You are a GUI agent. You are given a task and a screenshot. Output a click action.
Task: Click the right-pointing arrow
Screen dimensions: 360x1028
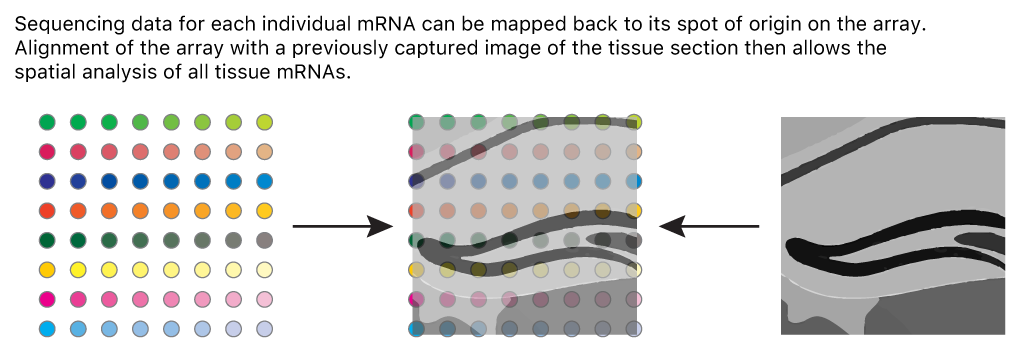(341, 227)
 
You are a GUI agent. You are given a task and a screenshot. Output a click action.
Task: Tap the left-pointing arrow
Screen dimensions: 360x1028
(709, 227)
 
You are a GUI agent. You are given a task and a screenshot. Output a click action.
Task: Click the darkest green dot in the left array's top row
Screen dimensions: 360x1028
(47, 122)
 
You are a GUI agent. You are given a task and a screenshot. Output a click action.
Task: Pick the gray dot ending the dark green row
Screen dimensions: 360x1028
(265, 240)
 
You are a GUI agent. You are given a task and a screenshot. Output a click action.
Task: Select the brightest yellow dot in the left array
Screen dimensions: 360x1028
(78, 270)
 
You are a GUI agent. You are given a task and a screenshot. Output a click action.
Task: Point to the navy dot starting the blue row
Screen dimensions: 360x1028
(47, 181)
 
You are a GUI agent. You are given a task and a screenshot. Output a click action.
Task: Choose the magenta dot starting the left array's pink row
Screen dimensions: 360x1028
(47, 299)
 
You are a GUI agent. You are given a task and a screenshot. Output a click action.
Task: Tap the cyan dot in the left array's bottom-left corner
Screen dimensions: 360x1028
(47, 328)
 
